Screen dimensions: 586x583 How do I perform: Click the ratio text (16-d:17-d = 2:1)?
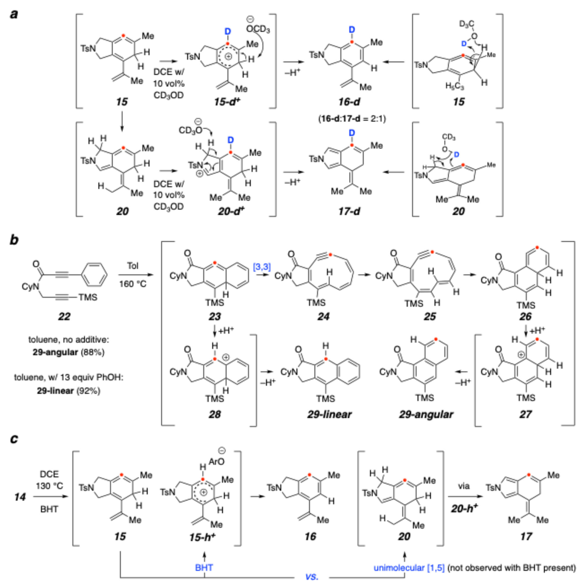(352, 119)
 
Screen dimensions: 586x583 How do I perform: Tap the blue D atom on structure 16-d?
(352, 30)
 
